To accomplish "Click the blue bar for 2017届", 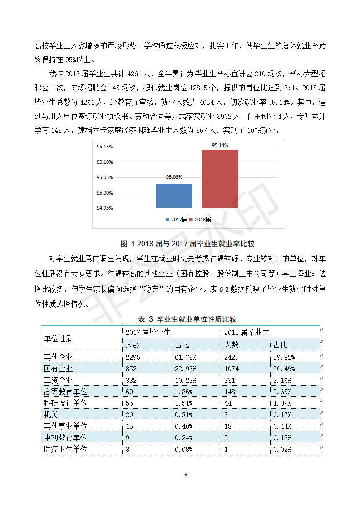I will point(174,196).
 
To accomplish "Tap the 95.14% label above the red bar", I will point(220,145).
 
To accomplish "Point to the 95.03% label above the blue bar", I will point(174,177).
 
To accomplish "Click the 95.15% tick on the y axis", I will point(104,147).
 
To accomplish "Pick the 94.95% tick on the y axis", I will point(104,208).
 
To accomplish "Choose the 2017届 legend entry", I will point(177,220).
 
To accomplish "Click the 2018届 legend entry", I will point(200,220).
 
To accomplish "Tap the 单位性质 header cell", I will point(59,338).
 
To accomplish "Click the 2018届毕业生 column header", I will point(247,332).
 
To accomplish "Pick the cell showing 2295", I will point(133,357).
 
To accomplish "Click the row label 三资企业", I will point(58,380).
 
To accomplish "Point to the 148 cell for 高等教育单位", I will point(232,392).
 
